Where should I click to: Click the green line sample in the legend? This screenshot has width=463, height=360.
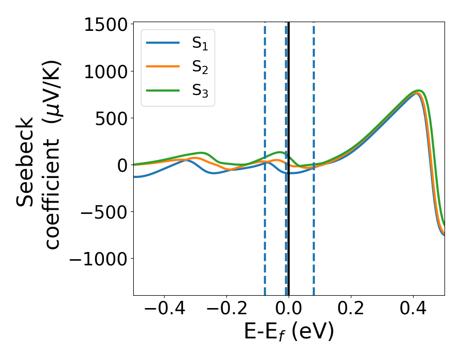[163, 90]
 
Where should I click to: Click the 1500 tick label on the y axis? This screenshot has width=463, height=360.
[105, 25]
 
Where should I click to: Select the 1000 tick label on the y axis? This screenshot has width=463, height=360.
[105, 71]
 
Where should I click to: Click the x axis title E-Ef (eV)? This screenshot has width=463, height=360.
[289, 332]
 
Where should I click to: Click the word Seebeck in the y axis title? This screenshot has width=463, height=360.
[26, 162]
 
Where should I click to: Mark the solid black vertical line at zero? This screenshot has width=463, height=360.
[289, 231]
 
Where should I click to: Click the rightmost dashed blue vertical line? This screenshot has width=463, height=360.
[313, 231]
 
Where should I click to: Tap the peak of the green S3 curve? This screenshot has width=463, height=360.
[419, 91]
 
